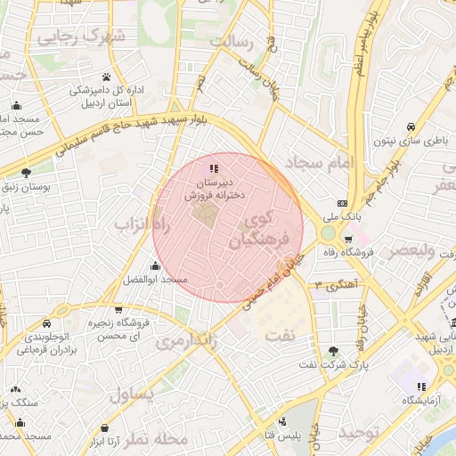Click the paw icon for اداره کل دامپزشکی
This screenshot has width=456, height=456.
click(x=106, y=77)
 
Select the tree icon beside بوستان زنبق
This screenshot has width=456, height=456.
click(x=25, y=172)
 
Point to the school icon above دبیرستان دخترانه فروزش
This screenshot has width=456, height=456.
click(x=213, y=168)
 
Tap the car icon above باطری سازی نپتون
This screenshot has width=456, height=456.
click(x=410, y=126)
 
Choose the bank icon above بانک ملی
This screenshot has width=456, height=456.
click(x=343, y=203)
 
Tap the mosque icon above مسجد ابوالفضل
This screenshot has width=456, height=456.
click(x=155, y=265)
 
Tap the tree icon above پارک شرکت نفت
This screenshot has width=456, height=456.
click(x=334, y=351)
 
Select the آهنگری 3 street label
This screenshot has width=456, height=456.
click(x=331, y=284)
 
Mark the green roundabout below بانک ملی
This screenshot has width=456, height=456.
click(x=329, y=233)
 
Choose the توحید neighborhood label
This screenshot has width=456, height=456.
click(x=360, y=433)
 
